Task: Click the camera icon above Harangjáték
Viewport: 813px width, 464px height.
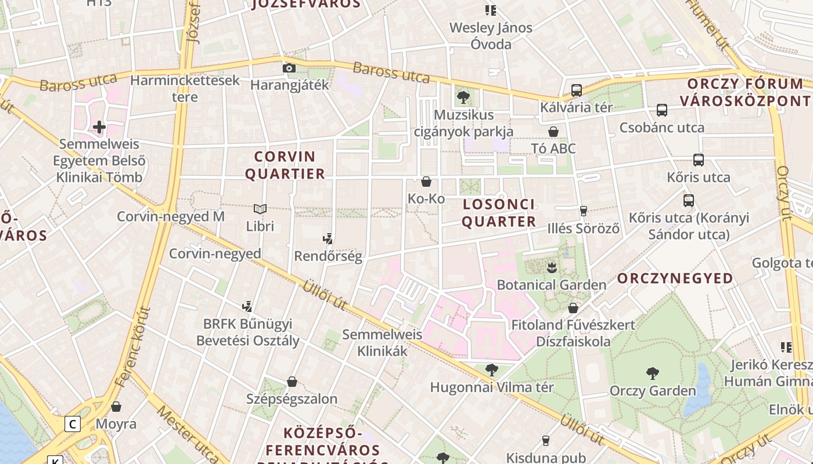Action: [x=289, y=68]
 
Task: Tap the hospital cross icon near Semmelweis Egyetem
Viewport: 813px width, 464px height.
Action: [x=99, y=126]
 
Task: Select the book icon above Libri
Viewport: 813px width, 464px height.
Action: [x=260, y=209]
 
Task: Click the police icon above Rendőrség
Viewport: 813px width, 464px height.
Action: [x=328, y=238]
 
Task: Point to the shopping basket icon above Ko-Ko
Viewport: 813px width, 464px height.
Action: [x=426, y=182]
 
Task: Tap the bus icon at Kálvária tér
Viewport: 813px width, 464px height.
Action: [x=576, y=90]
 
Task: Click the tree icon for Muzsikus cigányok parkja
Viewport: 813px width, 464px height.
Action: [x=463, y=97]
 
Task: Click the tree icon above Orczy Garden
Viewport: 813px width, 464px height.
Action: [x=652, y=374]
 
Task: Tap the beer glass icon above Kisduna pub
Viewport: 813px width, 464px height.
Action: [x=545, y=441]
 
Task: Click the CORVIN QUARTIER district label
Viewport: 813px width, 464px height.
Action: [x=285, y=165]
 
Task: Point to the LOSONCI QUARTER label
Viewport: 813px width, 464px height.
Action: [x=499, y=213]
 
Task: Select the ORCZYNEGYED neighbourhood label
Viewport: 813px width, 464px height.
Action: [x=675, y=278]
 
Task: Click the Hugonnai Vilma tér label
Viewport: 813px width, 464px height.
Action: [x=492, y=387]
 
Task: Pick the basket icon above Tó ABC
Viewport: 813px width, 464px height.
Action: [x=553, y=132]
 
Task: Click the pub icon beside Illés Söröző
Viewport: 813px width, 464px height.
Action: [x=584, y=211]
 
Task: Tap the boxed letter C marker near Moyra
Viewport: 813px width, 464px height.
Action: [x=72, y=424]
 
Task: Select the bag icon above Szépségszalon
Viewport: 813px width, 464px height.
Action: [x=292, y=382]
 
